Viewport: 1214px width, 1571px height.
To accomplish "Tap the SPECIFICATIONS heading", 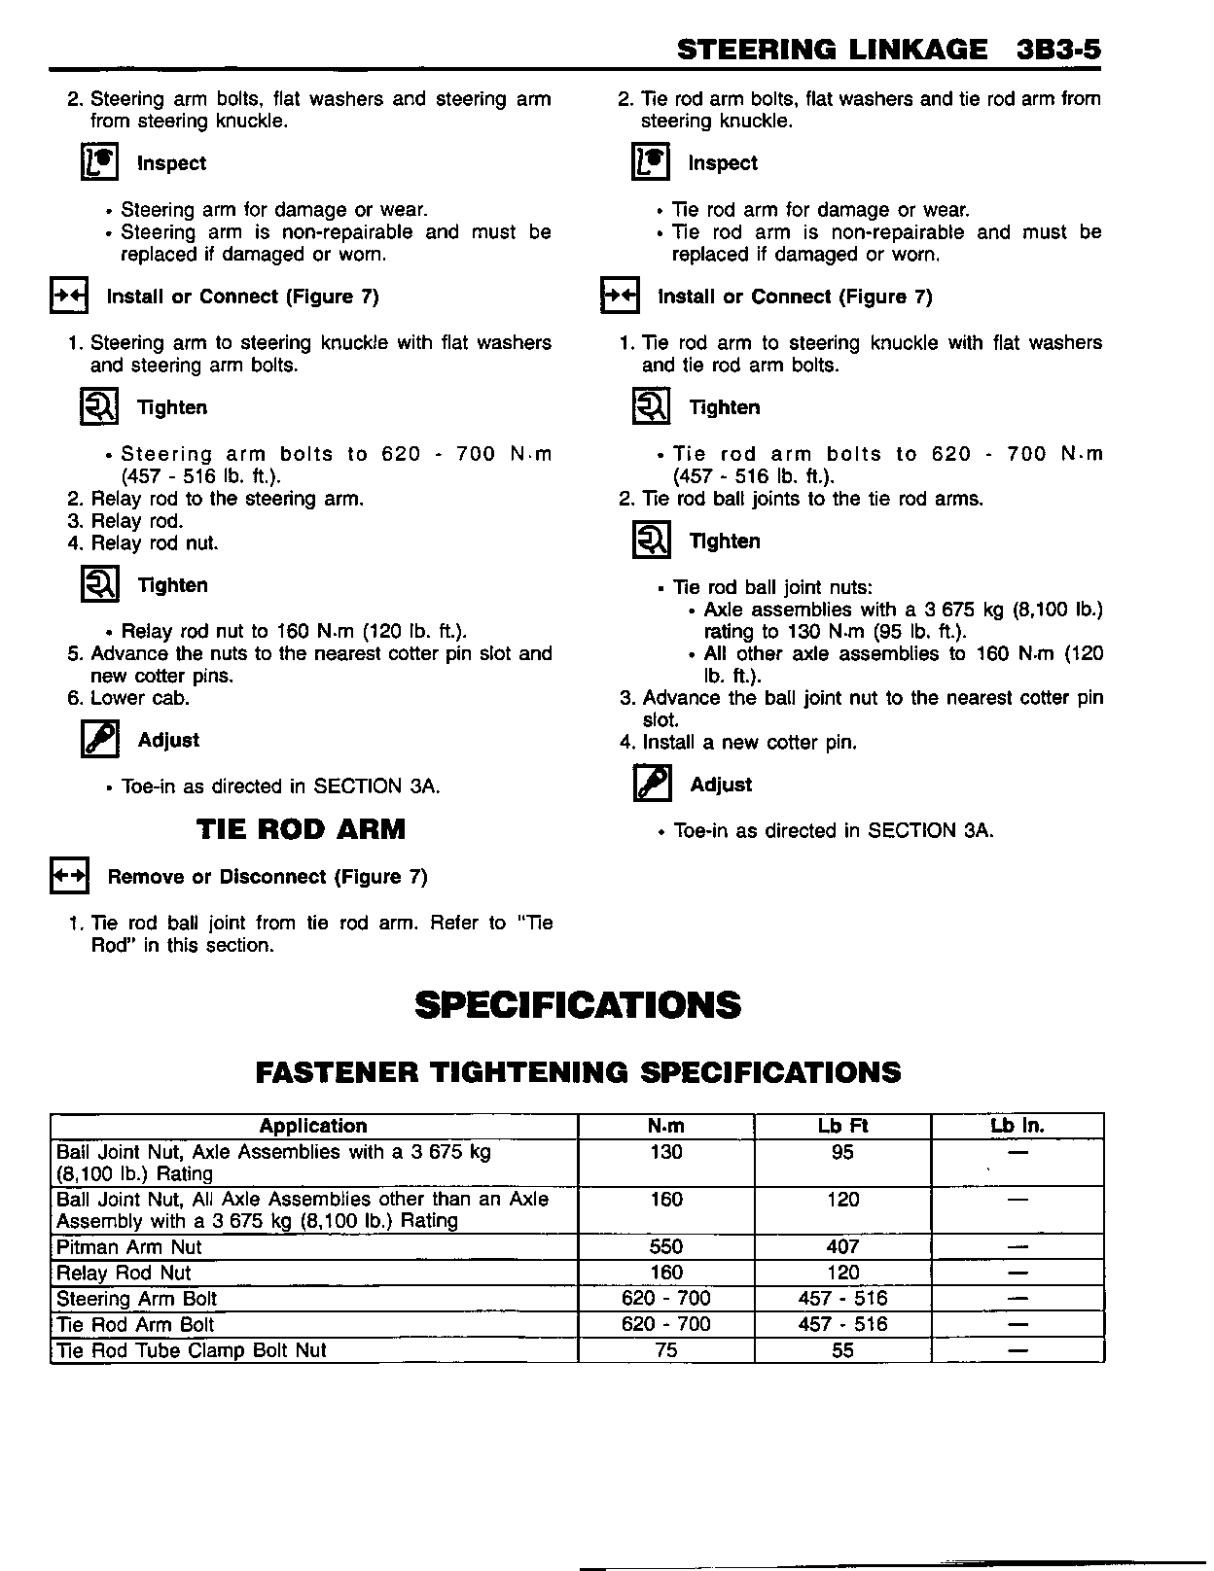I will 578,1005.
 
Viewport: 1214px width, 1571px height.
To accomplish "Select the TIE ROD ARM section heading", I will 301,829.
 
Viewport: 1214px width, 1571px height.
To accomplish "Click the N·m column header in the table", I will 666,1126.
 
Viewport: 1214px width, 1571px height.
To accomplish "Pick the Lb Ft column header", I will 842,1126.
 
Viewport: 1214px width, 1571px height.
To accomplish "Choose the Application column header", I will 313,1126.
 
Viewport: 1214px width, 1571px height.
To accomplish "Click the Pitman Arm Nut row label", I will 129,1247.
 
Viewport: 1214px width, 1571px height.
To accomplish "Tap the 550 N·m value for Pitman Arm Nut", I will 666,1247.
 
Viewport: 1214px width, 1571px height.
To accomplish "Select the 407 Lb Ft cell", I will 842,1247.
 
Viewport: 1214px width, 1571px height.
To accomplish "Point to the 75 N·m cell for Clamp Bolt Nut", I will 666,1350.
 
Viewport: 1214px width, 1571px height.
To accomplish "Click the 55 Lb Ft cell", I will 842,1350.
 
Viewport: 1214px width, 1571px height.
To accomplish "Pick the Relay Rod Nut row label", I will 124,1273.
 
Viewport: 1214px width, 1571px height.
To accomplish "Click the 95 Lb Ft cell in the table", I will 842,1152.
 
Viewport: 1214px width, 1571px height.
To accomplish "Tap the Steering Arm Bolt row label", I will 137,1299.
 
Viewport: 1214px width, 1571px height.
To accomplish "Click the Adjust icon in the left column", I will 100,740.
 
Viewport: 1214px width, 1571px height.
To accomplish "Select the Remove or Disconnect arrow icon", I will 69,876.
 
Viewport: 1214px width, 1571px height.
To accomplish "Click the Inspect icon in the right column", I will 651,162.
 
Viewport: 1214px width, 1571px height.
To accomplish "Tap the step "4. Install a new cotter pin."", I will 738,743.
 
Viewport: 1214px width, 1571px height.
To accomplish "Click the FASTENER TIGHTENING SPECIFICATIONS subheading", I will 578,1072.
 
